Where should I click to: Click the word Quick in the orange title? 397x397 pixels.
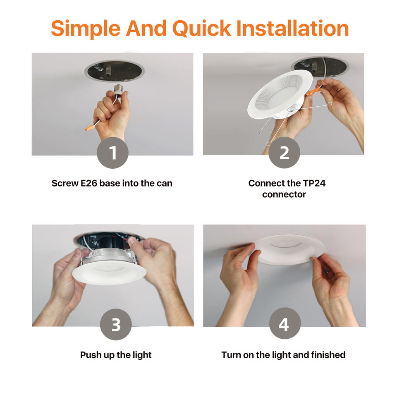202,29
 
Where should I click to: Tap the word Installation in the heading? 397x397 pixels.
293,28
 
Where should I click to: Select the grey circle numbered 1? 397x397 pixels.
112,153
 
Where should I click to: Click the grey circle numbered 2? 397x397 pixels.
285,153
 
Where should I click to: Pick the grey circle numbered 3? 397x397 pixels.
116,324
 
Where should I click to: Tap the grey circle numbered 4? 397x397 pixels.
285,323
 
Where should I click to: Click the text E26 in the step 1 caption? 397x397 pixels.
89,183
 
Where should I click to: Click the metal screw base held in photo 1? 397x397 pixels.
119,90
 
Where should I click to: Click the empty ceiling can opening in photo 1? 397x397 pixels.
115,71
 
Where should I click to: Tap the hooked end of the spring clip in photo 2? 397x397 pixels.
330,103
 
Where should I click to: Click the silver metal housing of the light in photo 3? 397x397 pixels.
109,255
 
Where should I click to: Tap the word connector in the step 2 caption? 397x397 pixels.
284,194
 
